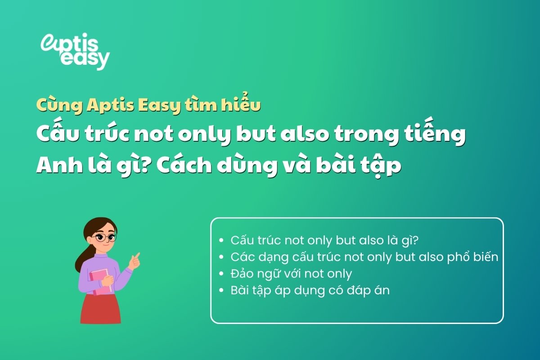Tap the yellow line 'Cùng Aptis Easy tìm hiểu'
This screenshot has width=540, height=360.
(x=148, y=106)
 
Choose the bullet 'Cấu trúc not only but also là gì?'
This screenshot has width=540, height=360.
(x=324, y=240)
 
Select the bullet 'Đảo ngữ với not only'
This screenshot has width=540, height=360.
(x=291, y=274)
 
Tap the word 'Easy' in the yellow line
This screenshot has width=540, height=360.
(x=162, y=106)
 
